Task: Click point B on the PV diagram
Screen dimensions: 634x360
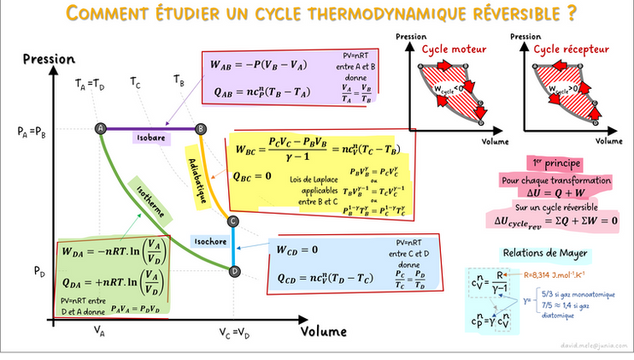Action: point(199,128)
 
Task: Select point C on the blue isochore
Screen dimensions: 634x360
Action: point(233,222)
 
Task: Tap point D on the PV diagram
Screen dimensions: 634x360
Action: point(234,270)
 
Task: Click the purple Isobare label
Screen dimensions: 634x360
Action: point(150,137)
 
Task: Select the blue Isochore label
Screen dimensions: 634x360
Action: point(208,242)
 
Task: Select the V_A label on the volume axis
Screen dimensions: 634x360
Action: point(100,331)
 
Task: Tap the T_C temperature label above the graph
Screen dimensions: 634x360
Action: point(135,82)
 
